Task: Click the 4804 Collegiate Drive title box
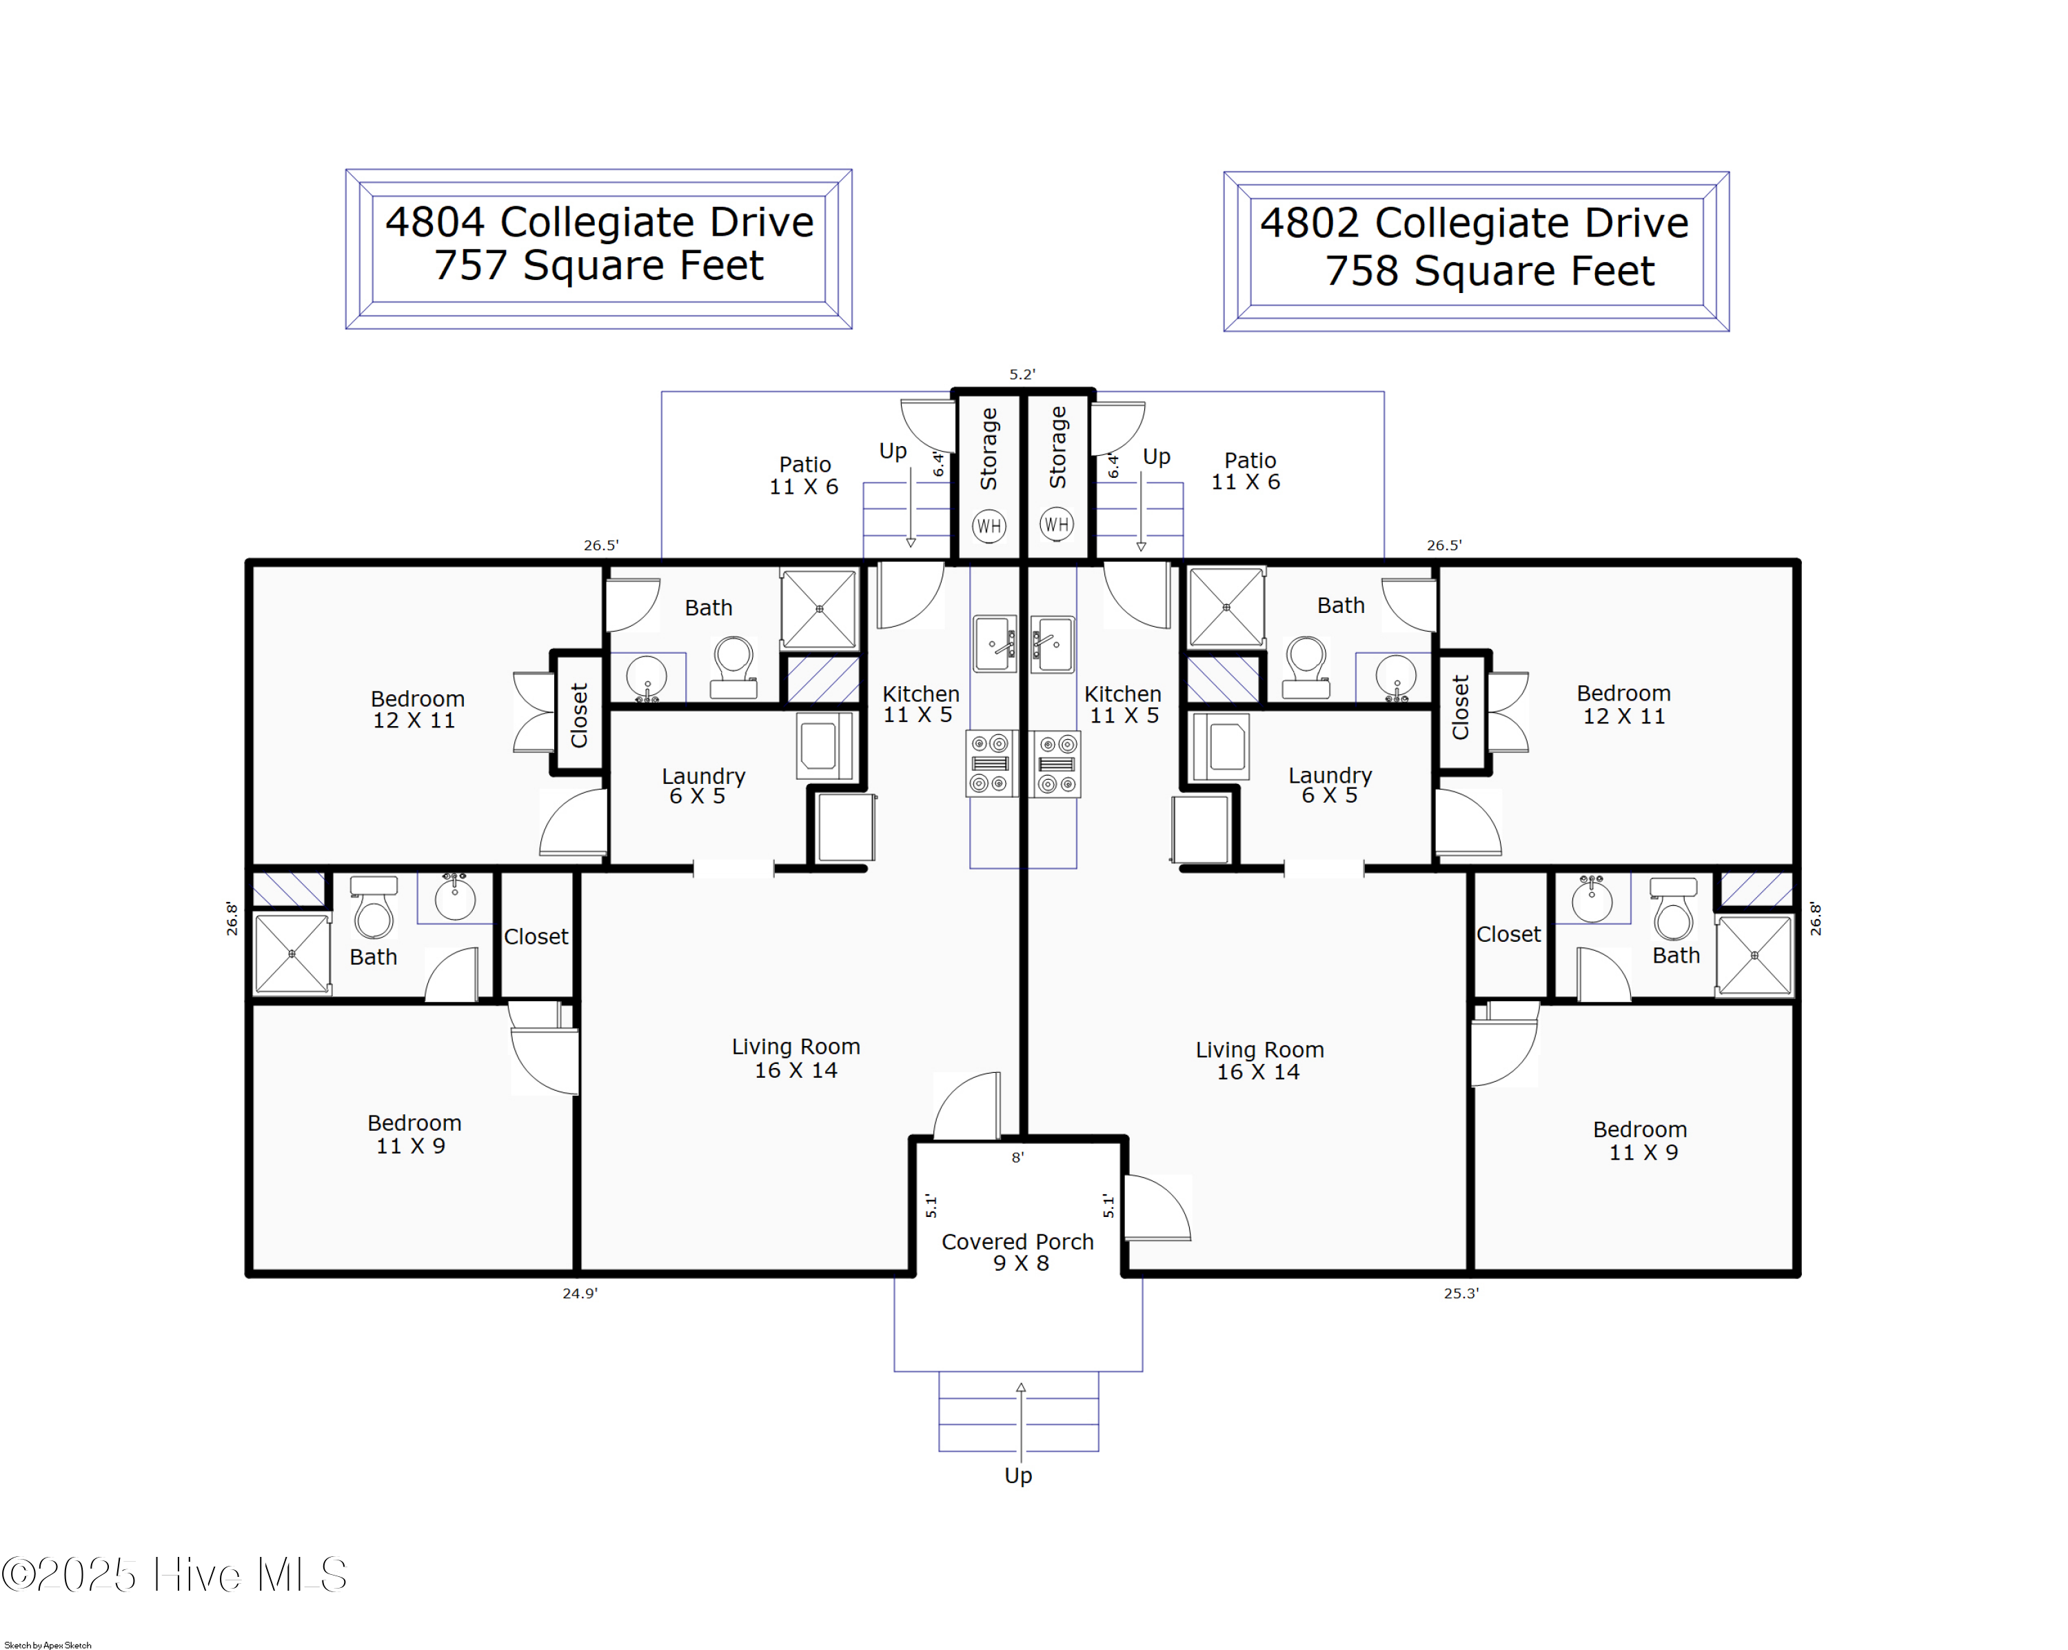click(598, 250)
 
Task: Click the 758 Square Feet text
click(1489, 272)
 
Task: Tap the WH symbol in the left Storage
click(989, 525)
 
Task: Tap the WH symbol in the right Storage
click(1056, 525)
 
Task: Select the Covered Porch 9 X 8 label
click(1017, 1252)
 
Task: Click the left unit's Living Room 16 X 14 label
click(795, 1058)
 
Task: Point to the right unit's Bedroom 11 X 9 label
click(1640, 1140)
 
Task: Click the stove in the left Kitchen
click(990, 763)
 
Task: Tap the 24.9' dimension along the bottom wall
click(579, 1293)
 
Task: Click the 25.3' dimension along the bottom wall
click(1461, 1293)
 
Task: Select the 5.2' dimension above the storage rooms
click(1022, 375)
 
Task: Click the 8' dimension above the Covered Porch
click(1017, 1158)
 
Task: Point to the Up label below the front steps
click(1017, 1476)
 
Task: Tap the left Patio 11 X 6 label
click(804, 476)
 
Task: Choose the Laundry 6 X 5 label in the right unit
click(1330, 785)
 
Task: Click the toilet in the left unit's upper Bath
click(733, 667)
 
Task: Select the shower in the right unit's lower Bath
click(1754, 956)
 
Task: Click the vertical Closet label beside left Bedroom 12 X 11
click(579, 715)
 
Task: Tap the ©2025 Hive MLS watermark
click(174, 1575)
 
